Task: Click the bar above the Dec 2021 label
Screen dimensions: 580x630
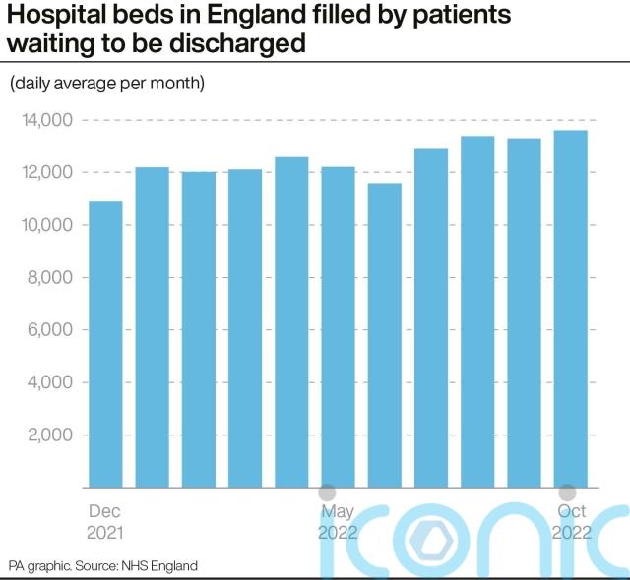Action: click(105, 344)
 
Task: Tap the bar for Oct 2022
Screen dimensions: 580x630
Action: click(571, 309)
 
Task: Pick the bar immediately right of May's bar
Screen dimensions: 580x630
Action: click(385, 335)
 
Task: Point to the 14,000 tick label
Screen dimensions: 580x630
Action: click(47, 120)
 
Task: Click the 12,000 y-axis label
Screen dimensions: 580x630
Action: click(47, 173)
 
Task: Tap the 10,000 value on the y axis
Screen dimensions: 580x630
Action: click(47, 225)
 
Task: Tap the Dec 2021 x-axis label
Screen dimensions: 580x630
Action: click(105, 522)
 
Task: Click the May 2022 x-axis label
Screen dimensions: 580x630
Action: click(338, 522)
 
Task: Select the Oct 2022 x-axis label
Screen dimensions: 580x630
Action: click(571, 522)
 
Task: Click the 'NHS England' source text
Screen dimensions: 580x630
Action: click(160, 566)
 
